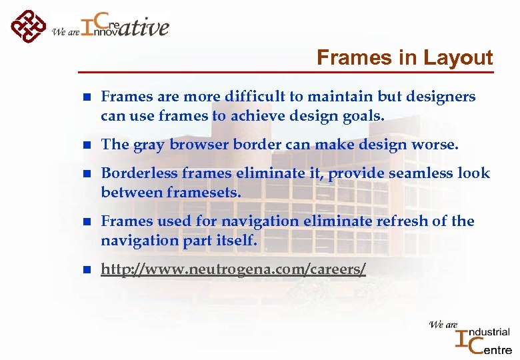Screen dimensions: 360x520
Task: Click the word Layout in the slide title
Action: (x=457, y=58)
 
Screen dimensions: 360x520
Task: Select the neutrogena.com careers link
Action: (x=233, y=269)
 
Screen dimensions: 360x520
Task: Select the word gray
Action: (x=147, y=145)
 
